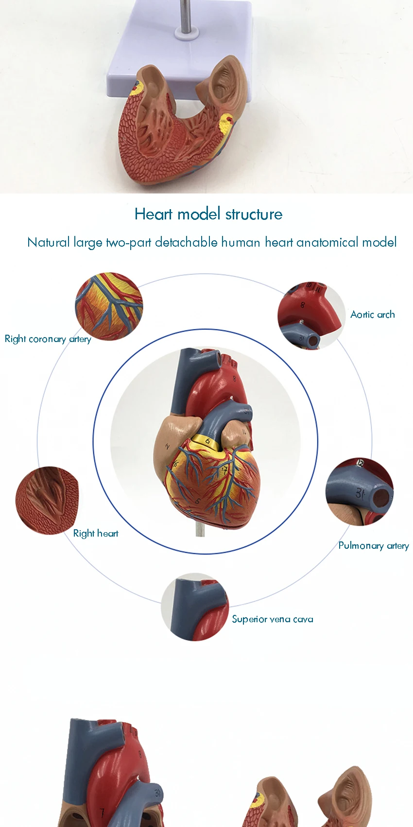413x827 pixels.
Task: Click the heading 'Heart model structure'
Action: click(x=208, y=214)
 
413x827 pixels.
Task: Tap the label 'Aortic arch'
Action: click(x=373, y=315)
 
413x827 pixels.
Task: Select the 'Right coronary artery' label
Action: click(x=48, y=339)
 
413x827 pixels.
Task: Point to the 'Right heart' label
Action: click(x=96, y=533)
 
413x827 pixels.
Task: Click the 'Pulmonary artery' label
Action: click(x=373, y=545)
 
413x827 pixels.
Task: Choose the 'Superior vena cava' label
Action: click(x=272, y=619)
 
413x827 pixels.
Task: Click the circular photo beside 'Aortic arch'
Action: click(x=311, y=315)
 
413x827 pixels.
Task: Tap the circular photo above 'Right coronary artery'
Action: click(x=109, y=306)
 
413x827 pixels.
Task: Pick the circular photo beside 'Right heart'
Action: click(x=47, y=501)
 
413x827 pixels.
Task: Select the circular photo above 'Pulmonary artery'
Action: click(x=360, y=491)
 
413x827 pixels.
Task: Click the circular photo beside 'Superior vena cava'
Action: click(x=195, y=607)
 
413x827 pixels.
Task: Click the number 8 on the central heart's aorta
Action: click(x=234, y=378)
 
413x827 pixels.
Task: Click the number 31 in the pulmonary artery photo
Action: click(x=359, y=493)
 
